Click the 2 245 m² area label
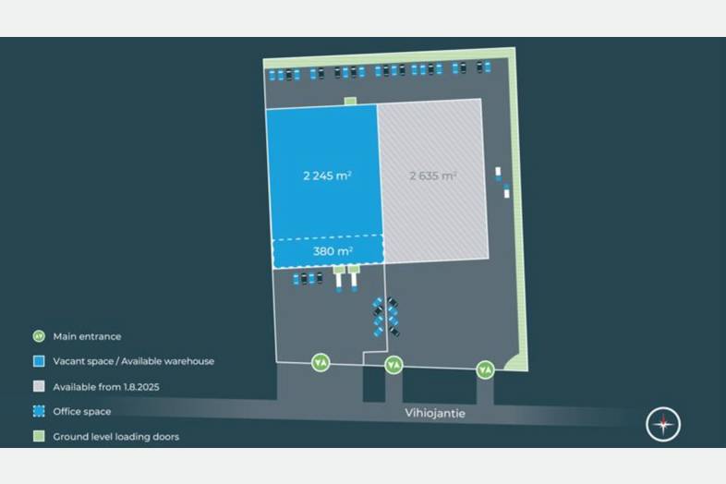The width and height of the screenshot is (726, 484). click(x=327, y=175)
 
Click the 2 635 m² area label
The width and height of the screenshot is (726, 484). click(x=433, y=175)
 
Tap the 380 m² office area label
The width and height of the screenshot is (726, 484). click(x=327, y=251)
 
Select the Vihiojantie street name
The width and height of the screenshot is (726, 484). click(x=435, y=413)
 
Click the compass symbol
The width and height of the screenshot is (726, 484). click(x=663, y=424)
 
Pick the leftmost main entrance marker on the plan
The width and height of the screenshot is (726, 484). click(x=321, y=362)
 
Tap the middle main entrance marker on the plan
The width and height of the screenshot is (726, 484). click(x=393, y=365)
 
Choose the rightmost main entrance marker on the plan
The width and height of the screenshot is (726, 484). click(x=485, y=369)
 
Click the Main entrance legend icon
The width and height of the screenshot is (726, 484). click(x=39, y=336)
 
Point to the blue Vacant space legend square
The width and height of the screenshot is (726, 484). click(x=39, y=361)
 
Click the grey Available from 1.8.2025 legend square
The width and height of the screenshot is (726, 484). click(x=39, y=386)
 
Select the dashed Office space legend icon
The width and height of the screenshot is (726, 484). click(x=39, y=411)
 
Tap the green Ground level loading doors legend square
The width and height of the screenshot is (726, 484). click(x=39, y=436)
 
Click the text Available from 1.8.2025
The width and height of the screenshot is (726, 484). click(x=106, y=387)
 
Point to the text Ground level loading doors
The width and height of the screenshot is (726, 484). click(x=116, y=437)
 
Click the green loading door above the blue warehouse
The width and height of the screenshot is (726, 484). click(x=350, y=101)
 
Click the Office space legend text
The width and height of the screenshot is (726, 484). click(x=82, y=412)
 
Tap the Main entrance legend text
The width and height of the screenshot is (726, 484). click(x=87, y=337)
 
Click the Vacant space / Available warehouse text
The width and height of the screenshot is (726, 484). click(x=133, y=362)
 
